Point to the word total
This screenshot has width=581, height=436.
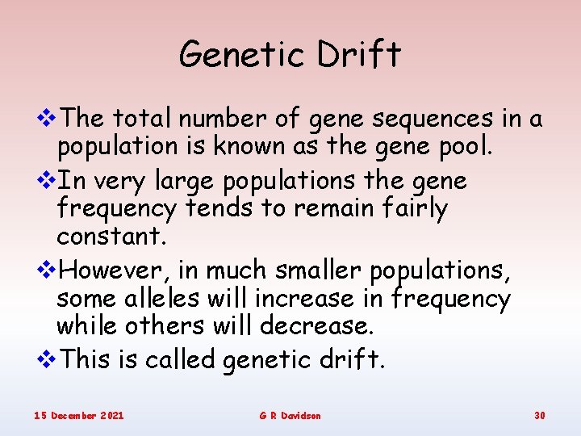point(141,119)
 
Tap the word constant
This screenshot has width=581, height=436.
point(99,237)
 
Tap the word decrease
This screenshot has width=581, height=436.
point(318,326)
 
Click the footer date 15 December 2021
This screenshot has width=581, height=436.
point(78,415)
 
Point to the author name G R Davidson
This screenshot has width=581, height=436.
point(290,415)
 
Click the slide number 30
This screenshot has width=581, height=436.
point(540,415)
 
